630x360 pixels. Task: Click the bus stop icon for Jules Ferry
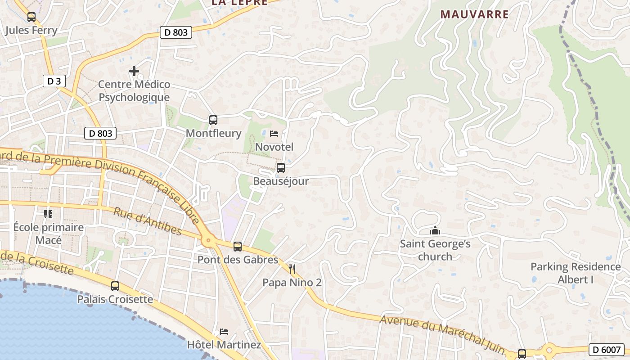pos(31,17)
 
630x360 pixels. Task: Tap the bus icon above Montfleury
pos(213,120)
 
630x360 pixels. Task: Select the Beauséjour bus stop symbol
pos(281,168)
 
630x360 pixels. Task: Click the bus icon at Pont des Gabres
pos(238,247)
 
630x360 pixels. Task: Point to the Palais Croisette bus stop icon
pos(115,286)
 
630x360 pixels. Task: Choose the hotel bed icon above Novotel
pos(274,133)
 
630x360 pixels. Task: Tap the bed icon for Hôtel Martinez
pos(224,332)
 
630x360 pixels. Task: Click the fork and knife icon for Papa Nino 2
pos(292,269)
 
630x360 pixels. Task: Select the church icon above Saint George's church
pos(435,231)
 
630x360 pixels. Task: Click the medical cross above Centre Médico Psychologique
pos(134,71)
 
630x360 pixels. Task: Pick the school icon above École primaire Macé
pos(48,214)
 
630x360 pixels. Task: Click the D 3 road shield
pos(54,81)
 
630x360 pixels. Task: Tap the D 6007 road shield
pos(606,349)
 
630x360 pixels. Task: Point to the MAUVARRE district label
pos(475,14)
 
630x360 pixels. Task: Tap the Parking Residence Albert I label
pos(576,273)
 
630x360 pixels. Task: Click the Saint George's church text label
pos(435,250)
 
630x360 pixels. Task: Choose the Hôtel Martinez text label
pos(224,345)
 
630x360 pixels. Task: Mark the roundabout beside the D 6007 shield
pos(549,350)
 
